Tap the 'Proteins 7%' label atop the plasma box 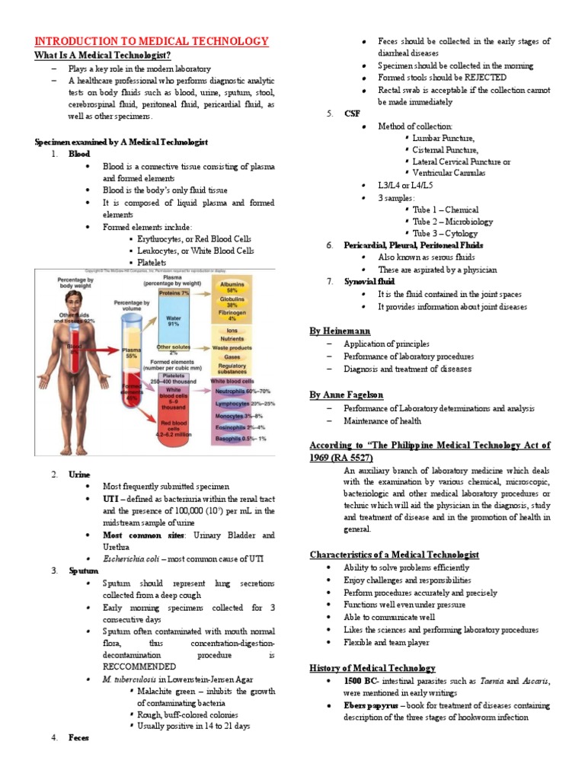174,292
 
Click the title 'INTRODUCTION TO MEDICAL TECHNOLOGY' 152,41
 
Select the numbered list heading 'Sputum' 81,570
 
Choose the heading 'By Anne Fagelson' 347,395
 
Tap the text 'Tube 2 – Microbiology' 452,222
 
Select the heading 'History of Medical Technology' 372,668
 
